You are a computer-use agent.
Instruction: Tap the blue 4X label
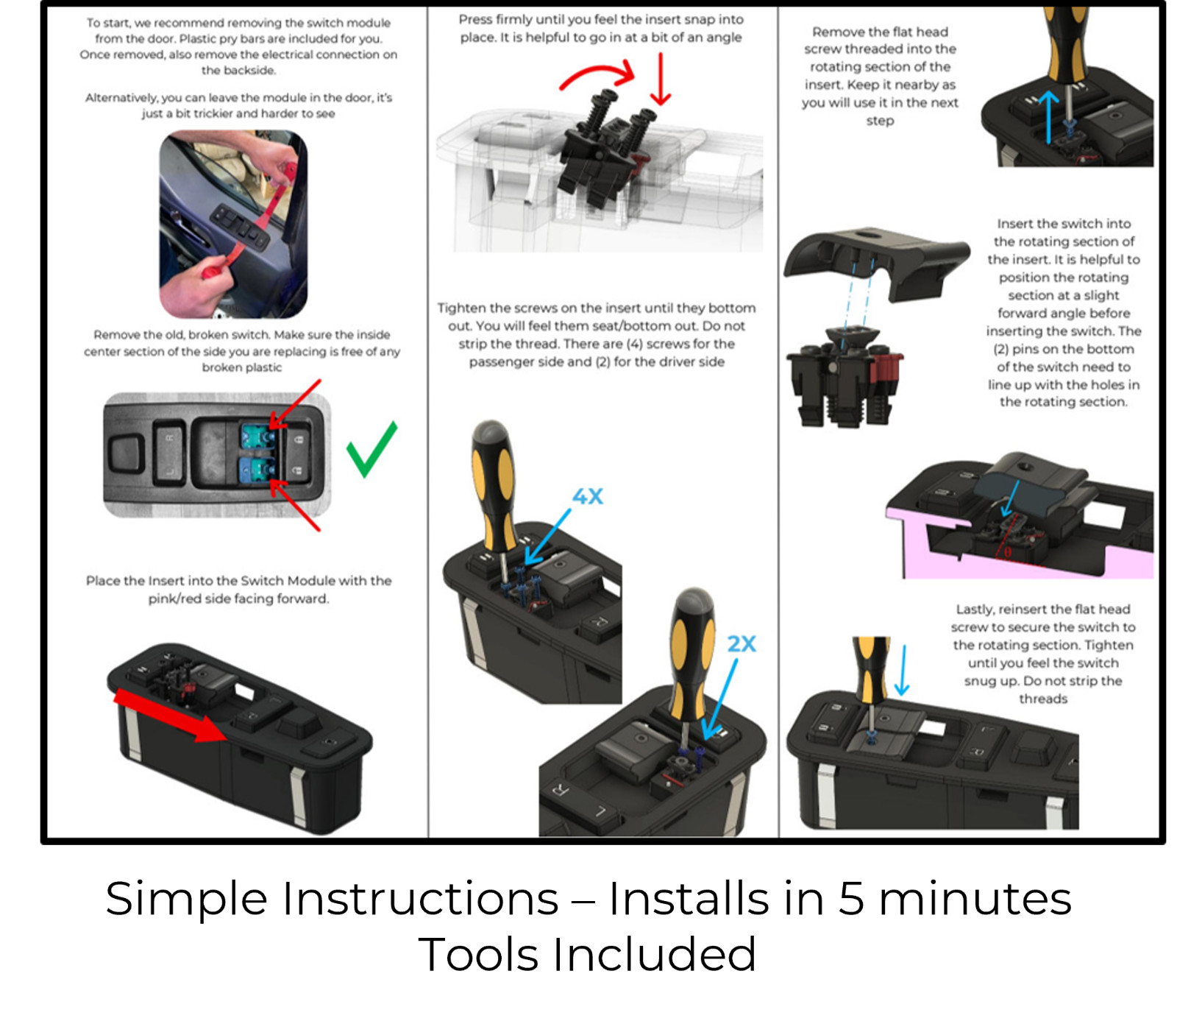[588, 497]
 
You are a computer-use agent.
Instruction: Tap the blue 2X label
[742, 644]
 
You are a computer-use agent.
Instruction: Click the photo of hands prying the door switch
[233, 225]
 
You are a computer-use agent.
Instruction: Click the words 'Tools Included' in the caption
[587, 955]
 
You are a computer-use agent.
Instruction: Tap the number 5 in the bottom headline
[851, 899]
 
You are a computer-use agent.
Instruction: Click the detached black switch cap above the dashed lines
[875, 258]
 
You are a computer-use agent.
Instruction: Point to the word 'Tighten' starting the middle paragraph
[462, 308]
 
